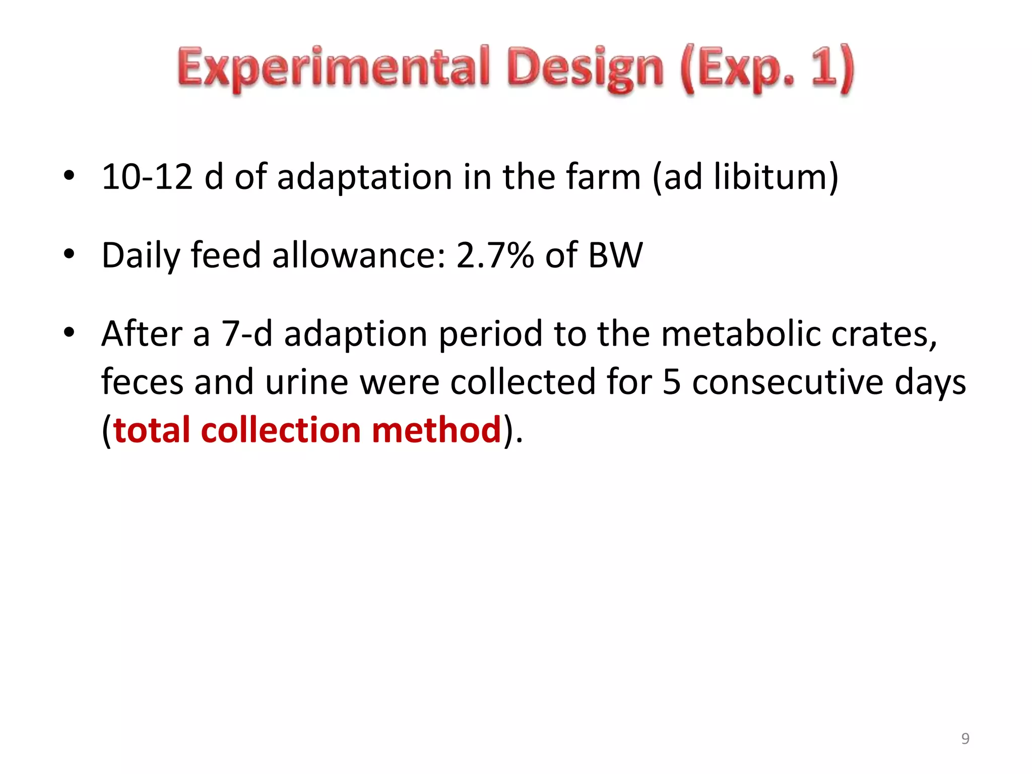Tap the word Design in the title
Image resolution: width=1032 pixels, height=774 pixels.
tap(585, 69)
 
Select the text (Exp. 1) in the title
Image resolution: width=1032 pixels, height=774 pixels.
tap(767, 69)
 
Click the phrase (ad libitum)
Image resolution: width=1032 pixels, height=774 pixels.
tap(745, 177)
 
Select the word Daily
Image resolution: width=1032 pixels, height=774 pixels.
tap(141, 255)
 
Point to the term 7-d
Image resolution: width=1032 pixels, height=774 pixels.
tap(247, 334)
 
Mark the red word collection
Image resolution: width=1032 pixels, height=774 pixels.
tap(281, 430)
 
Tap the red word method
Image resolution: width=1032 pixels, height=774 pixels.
tap(436, 430)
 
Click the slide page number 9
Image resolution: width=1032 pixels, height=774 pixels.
tap(965, 738)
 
